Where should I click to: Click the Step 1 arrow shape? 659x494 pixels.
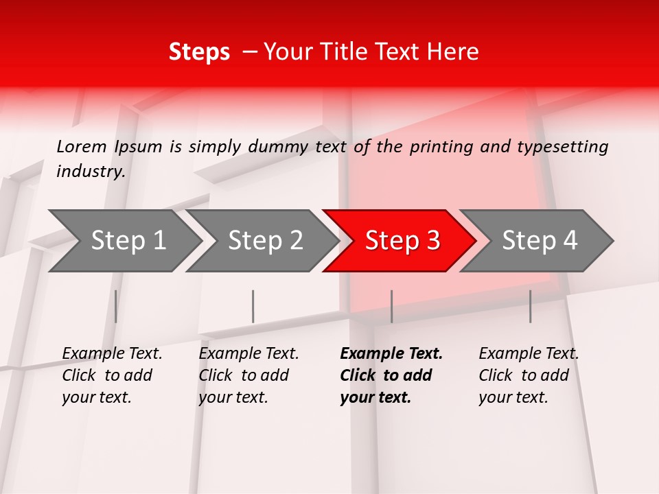point(128,240)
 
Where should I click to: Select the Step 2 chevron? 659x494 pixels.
point(265,240)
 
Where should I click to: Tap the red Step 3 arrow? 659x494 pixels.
point(402,240)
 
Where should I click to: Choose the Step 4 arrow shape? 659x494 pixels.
point(540,240)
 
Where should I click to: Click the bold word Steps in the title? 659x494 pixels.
point(199,51)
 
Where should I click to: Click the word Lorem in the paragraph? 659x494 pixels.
point(82,146)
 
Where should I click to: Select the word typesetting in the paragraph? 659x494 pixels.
point(568,146)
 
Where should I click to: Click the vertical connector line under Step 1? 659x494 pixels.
point(116,306)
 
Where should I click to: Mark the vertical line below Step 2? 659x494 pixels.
point(253,306)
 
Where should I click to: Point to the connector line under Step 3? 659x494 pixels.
point(391,306)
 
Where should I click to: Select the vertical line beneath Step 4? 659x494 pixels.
point(530,306)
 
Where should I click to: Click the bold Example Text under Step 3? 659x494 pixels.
point(391,353)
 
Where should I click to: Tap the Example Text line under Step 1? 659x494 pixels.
point(112,353)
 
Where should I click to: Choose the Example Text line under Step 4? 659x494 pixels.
point(529,353)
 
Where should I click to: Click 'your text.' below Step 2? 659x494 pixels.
point(233,397)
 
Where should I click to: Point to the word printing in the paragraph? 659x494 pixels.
point(441,146)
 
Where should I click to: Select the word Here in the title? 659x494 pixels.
point(456,51)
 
